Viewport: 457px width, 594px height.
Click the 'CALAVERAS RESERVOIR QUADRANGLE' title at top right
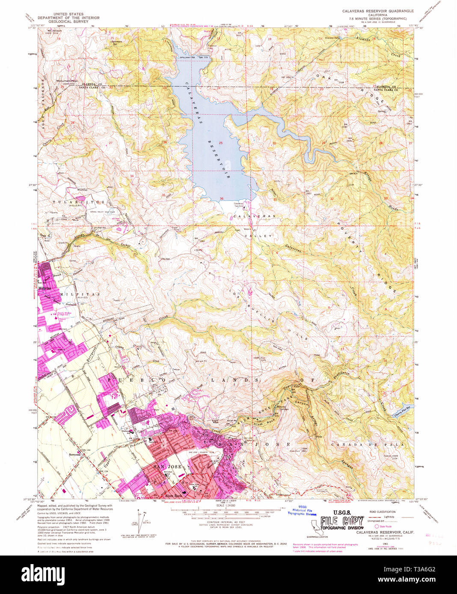377,11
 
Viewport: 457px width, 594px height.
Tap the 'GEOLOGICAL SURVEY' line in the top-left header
68,21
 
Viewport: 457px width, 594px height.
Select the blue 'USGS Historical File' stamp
302,512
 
